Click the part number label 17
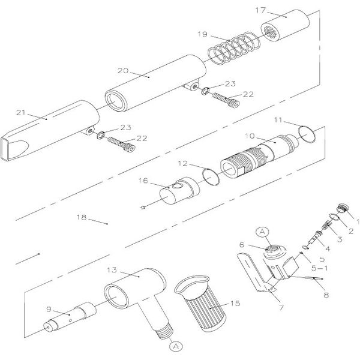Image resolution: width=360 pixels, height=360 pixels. point(260,10)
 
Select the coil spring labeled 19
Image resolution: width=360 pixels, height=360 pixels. point(234,48)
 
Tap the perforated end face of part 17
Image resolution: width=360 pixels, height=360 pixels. point(271,32)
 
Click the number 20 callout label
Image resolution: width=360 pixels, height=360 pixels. point(123,70)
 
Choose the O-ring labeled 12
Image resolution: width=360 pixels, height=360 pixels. point(211,176)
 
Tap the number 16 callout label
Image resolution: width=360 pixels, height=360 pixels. point(143,181)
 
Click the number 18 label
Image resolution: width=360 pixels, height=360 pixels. point(82,217)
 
